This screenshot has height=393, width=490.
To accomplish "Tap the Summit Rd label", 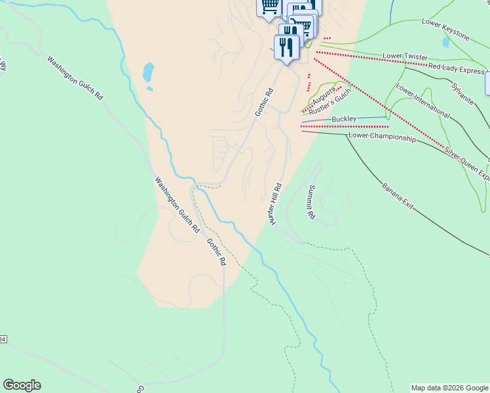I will click(311, 202).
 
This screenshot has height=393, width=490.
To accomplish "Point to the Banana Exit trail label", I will click(398, 196).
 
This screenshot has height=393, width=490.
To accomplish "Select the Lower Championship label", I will click(382, 138).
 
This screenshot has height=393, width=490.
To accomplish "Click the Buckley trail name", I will click(344, 119).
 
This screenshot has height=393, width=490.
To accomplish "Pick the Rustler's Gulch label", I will click(330, 102).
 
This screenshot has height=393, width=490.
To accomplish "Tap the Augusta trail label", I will click(324, 96).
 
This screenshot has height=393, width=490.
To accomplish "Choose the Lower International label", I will click(423, 103).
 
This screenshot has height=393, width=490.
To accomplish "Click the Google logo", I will click(22, 385).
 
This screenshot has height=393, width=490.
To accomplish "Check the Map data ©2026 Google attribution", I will click(449, 388).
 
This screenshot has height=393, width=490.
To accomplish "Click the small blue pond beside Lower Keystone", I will click(446, 43).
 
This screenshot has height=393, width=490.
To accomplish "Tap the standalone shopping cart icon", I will click(269, 7).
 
